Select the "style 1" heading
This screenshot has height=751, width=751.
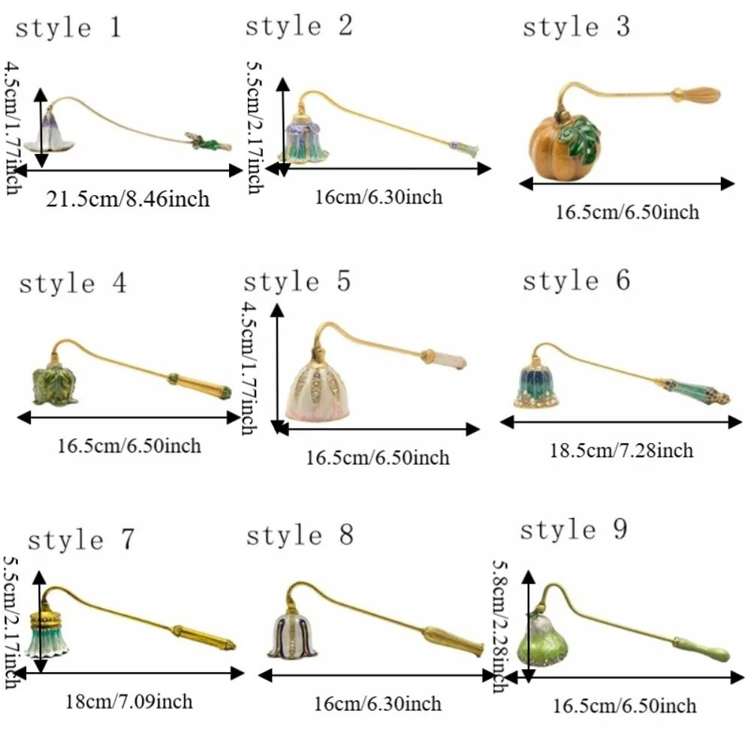click(x=68, y=28)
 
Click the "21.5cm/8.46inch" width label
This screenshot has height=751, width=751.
click(x=128, y=199)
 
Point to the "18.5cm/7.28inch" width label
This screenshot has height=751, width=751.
click(x=621, y=451)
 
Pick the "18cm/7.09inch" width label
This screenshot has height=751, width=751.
click(x=129, y=701)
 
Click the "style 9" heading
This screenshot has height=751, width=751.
click(x=573, y=530)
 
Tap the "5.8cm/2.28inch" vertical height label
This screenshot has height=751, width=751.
click(x=500, y=627)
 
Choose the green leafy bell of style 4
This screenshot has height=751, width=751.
click(x=55, y=384)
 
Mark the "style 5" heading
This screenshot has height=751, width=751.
click(x=297, y=281)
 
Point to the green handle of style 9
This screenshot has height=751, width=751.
click(x=701, y=650)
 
